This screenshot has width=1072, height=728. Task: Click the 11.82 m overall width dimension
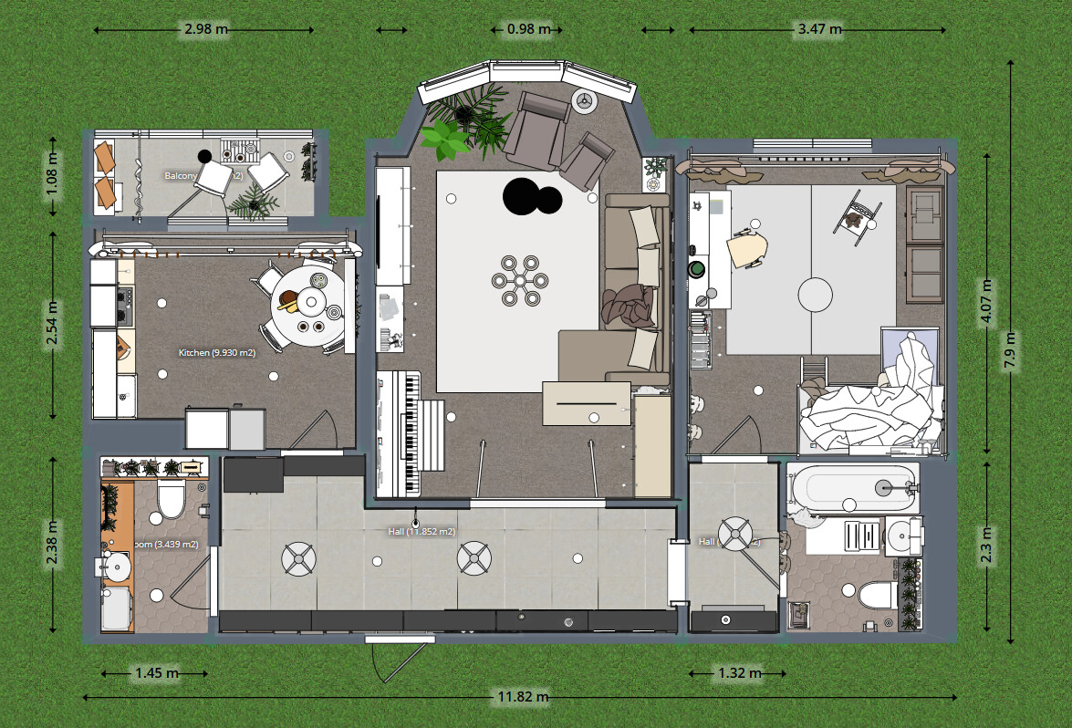coord(523,697)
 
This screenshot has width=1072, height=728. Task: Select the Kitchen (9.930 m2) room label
coord(216,352)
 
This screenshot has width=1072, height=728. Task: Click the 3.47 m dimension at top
coord(818,30)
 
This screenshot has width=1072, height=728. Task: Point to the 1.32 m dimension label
coord(738,673)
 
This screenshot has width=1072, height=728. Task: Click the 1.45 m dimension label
coord(156,673)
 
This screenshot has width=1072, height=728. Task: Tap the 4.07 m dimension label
coord(986,302)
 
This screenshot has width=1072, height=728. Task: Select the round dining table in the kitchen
coord(307,302)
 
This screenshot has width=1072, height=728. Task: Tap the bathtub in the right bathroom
coord(852,487)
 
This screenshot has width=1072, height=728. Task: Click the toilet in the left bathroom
coord(171,497)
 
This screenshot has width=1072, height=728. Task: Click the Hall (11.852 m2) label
coord(422,531)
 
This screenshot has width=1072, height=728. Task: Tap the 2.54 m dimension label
coord(53,326)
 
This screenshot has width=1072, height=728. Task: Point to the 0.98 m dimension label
coord(528,29)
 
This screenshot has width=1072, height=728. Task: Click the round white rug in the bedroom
coord(816,296)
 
